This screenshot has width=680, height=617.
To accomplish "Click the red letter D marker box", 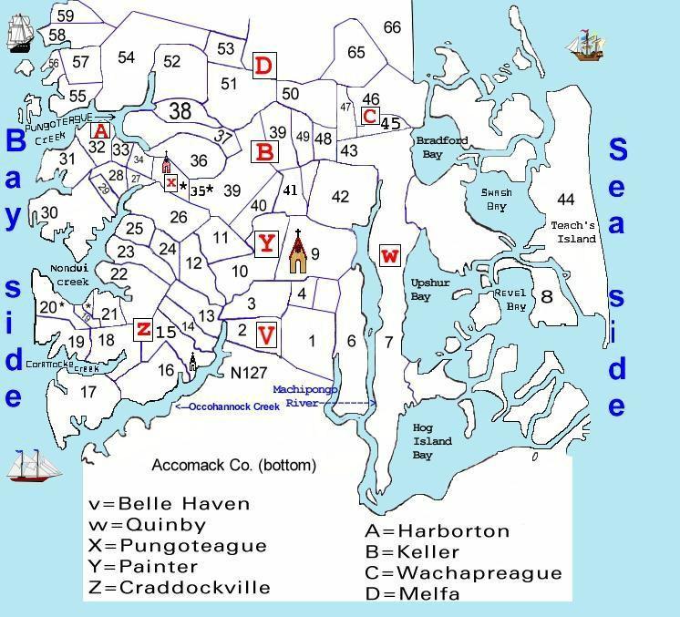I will click(264, 66).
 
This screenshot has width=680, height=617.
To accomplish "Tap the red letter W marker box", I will click(390, 255).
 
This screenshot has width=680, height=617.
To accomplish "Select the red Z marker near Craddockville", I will click(143, 329).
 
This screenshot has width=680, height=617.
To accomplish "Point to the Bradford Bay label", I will click(441, 147).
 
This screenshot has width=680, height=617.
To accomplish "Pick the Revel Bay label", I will click(510, 300).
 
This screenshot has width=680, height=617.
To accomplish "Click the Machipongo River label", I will click(310, 395).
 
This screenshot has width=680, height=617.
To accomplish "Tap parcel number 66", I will click(392, 28).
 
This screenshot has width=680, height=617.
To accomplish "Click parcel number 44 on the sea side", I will click(566, 200).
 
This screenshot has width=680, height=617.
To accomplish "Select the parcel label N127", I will click(248, 372).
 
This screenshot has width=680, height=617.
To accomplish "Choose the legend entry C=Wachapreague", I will click(462, 573).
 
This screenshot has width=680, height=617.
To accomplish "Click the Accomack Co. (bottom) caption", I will click(233, 465).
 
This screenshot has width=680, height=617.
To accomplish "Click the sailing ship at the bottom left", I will click(34, 466).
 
